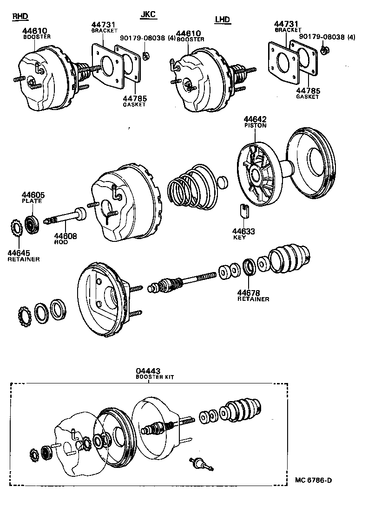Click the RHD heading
coord(20,16)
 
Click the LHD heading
coord(223,19)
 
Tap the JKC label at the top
coord(148,14)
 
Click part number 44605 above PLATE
coord(32,195)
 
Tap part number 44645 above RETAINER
coord(19,253)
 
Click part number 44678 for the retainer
coord(249,293)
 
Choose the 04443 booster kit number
coord(148,371)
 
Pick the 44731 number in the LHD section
coord(286,24)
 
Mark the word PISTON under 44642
coord(255,126)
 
